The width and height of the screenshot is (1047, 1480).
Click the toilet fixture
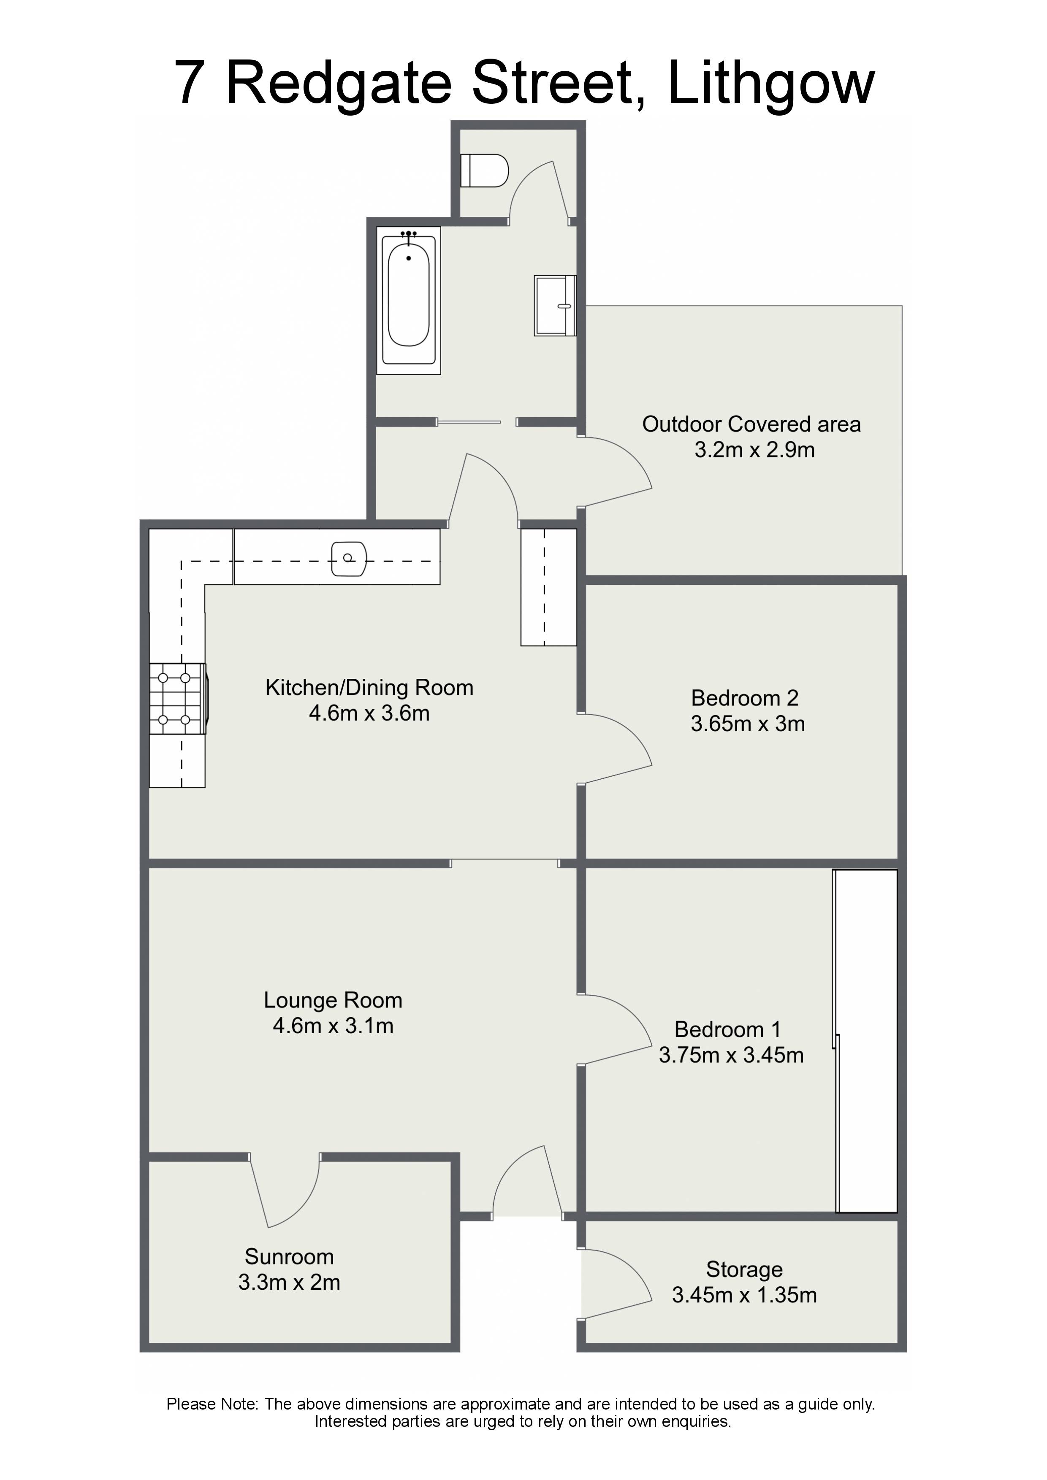click(x=485, y=170)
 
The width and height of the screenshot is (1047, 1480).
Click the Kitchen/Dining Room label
click(x=369, y=688)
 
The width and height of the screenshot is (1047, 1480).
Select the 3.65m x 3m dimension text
click(x=748, y=724)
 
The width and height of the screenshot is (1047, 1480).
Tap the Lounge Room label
click(x=333, y=1000)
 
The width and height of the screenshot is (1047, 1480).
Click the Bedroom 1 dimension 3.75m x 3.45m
click(x=731, y=1055)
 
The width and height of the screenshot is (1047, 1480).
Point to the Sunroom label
click(x=289, y=1256)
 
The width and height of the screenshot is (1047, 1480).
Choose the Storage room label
click(x=744, y=1269)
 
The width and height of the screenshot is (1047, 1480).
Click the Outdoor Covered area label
click(x=751, y=424)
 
